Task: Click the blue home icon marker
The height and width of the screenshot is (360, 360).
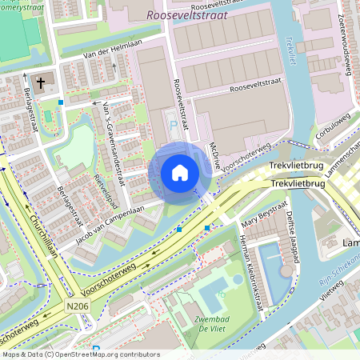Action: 180,173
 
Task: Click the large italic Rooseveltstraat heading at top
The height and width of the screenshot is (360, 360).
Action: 188,14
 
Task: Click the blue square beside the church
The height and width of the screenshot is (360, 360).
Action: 61,102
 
